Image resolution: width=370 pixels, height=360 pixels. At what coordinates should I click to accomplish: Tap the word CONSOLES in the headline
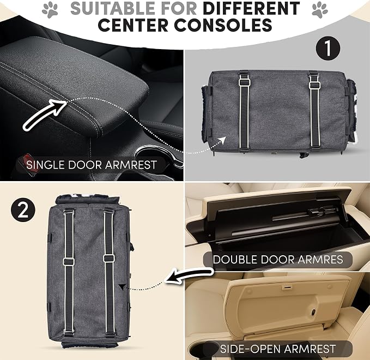tap(223, 25)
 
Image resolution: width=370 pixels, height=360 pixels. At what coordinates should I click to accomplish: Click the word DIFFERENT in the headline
tap(252, 9)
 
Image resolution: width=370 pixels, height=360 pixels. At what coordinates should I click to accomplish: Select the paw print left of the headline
tap(50, 10)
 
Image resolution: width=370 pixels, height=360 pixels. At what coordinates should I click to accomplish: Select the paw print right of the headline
tap(320, 10)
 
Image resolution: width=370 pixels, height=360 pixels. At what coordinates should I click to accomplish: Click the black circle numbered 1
tap(328, 48)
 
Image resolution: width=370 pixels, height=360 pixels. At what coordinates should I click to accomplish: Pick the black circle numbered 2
tap(23, 209)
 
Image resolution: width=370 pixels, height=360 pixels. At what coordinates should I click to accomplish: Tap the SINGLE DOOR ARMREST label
tap(92, 165)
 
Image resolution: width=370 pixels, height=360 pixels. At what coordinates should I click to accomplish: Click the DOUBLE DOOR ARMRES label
tap(278, 260)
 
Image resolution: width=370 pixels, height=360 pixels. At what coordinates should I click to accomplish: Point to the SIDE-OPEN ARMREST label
tap(278, 349)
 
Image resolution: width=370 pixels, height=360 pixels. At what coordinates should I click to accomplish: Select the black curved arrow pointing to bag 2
tap(189, 275)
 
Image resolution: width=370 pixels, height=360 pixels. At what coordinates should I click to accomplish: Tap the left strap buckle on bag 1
tap(245, 82)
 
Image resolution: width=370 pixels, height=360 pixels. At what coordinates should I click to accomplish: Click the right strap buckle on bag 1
tap(314, 85)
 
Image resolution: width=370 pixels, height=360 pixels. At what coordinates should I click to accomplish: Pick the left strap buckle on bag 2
tap(69, 261)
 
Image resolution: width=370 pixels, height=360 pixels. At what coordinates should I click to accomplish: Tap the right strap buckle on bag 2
tap(109, 257)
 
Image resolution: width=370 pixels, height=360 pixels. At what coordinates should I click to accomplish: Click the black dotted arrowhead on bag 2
tap(122, 287)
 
